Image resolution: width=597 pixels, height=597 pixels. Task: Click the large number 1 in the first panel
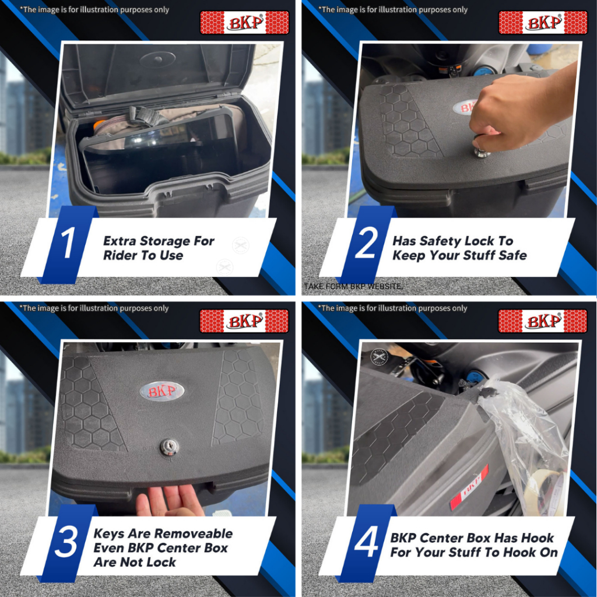[68, 243]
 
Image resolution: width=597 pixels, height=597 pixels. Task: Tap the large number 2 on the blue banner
[366, 243]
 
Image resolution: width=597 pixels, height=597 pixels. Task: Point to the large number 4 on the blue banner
[366, 542]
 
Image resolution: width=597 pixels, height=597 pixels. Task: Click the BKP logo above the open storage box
[244, 23]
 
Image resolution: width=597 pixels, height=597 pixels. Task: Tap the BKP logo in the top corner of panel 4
[543, 321]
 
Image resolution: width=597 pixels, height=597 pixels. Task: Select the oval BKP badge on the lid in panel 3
[162, 391]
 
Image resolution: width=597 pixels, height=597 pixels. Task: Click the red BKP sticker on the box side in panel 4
[469, 487]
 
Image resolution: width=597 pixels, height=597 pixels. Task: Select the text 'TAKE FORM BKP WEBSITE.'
[353, 286]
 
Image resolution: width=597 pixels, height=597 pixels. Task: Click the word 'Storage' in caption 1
[165, 241]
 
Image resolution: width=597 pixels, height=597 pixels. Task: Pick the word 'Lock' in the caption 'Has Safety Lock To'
[479, 241]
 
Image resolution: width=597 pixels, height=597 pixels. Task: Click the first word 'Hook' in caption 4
[537, 538]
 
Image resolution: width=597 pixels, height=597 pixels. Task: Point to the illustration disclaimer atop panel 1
[94, 9]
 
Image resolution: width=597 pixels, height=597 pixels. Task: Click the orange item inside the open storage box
[100, 124]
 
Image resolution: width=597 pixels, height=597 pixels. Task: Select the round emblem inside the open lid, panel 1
[157, 59]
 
